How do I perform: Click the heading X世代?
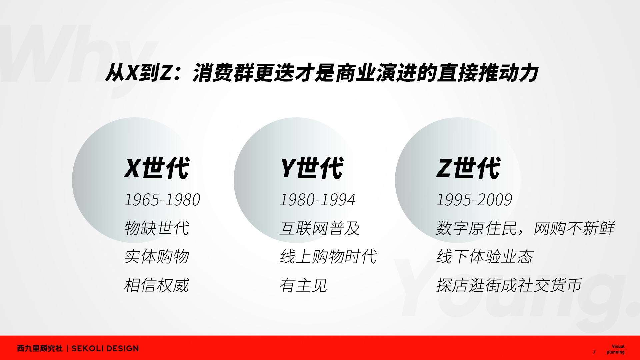click(157, 168)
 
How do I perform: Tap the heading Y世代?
click(312, 168)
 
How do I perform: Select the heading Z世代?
click(469, 168)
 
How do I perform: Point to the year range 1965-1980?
click(162, 200)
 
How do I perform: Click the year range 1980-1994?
click(318, 200)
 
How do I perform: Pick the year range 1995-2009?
click(474, 200)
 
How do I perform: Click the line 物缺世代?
click(157, 228)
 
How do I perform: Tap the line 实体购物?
click(157, 257)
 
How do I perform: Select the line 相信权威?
click(157, 285)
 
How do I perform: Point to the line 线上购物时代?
click(328, 257)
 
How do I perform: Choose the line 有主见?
click(304, 285)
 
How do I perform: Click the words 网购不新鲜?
click(574, 228)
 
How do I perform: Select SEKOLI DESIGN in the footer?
click(105, 348)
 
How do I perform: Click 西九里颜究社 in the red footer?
click(40, 348)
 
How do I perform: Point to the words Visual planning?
click(616, 349)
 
